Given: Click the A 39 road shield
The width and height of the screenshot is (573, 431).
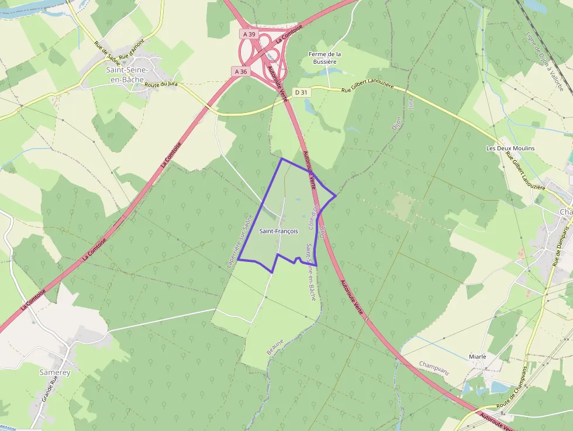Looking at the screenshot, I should (249, 35).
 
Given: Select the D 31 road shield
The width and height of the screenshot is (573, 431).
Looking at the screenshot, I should (301, 92).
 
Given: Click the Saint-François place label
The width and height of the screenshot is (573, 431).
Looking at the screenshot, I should (278, 231).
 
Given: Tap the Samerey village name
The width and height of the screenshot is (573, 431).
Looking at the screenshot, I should (54, 372).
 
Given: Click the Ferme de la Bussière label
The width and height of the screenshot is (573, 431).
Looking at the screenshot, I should (325, 57).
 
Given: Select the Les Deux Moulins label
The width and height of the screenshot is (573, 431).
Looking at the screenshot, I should (510, 148).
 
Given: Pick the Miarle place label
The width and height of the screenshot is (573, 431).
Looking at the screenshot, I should (477, 356).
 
